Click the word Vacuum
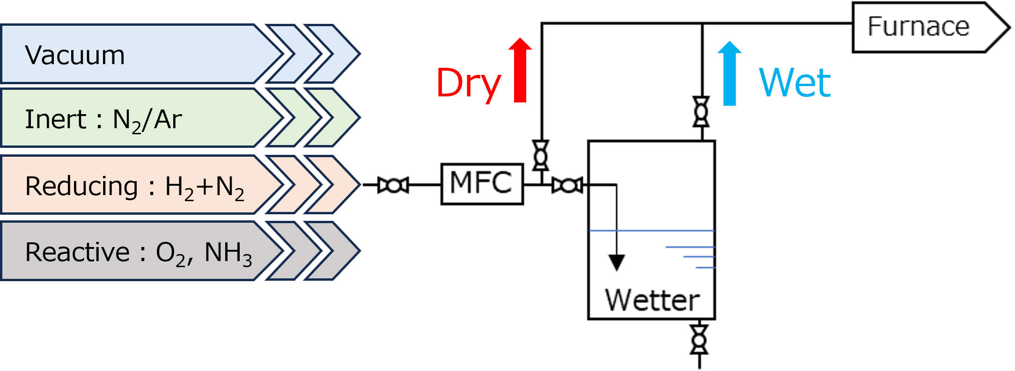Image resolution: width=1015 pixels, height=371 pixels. click(x=75, y=55)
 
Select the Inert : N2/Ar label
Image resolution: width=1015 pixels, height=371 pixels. click(x=103, y=119)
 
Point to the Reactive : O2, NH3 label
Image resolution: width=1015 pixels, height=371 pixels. click(x=139, y=253)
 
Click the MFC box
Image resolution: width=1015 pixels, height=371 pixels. click(x=482, y=183)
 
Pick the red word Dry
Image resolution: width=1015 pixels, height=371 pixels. click(x=469, y=83)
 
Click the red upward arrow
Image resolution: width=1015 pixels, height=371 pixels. click(x=520, y=70)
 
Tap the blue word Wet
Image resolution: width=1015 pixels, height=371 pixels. click(x=795, y=82)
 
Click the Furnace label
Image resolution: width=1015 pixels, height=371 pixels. click(x=919, y=27)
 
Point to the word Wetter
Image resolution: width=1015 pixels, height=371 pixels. click(x=652, y=300)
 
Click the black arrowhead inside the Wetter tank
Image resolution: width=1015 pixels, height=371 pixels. click(x=617, y=262)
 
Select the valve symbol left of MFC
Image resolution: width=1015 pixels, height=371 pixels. click(x=393, y=186)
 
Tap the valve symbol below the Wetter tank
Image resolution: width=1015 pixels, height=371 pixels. click(x=699, y=339)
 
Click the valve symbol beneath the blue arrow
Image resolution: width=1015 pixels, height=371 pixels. click(x=701, y=111)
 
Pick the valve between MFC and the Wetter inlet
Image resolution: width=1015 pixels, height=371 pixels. click(x=567, y=186)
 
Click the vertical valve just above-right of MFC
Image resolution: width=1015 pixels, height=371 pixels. click(x=541, y=155)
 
